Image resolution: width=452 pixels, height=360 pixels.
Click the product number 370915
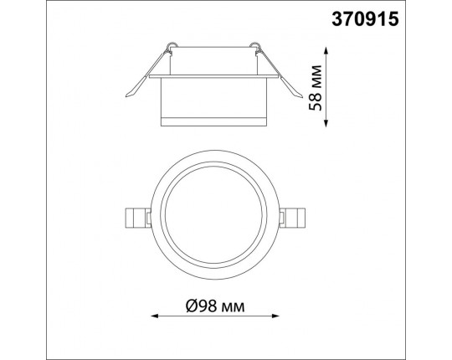(365, 19)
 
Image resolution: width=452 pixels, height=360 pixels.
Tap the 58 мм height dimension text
(315, 88)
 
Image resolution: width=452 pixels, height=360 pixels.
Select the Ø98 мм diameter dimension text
(215, 306)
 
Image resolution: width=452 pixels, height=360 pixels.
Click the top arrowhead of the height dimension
(326, 51)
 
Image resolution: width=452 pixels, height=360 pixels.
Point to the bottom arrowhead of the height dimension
(326, 123)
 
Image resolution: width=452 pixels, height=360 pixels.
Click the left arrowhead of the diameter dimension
(155, 316)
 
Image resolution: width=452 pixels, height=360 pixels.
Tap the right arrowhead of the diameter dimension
(276, 316)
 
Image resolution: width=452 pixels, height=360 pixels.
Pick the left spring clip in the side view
(146, 74)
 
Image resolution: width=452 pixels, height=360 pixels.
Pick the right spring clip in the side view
(279, 74)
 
